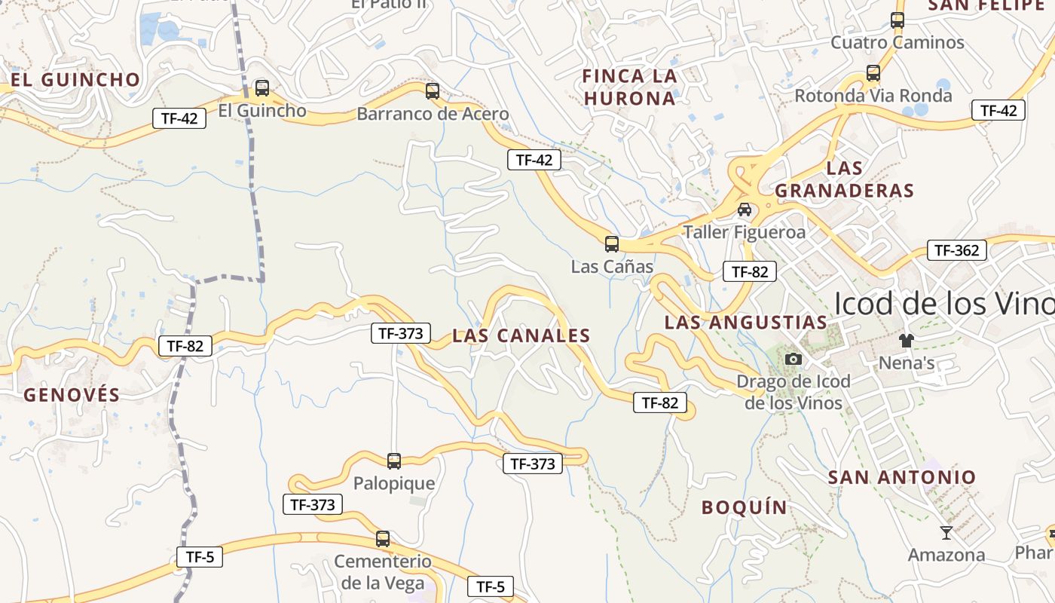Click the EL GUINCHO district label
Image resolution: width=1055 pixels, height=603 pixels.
[75, 80]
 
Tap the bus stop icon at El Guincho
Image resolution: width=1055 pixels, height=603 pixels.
[262, 88]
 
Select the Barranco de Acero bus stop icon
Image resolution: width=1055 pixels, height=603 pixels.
[433, 91]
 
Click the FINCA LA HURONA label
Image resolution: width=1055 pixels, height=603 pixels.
[630, 87]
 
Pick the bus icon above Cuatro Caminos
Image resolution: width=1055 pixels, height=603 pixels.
[898, 20]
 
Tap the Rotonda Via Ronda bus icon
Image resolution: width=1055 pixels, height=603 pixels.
[873, 73]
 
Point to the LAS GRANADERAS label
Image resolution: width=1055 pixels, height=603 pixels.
[845, 179]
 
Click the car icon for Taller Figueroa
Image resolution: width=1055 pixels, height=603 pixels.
[745, 210]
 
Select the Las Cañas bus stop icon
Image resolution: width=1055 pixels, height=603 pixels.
[612, 244]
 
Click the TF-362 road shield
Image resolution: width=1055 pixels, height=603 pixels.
[956, 250]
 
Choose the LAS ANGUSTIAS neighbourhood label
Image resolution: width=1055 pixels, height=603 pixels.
[745, 323]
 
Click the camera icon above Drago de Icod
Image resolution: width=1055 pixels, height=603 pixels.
[794, 359]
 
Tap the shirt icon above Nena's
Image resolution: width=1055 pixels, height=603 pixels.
[907, 341]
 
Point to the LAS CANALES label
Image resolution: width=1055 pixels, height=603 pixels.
[521, 336]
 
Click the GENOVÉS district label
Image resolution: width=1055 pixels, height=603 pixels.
[72, 395]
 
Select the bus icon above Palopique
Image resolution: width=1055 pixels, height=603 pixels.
[394, 461]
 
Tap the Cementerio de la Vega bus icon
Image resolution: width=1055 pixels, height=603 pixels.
[383, 539]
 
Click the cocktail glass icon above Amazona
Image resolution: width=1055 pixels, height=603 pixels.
[946, 533]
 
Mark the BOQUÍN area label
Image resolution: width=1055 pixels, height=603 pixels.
[745, 507]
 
